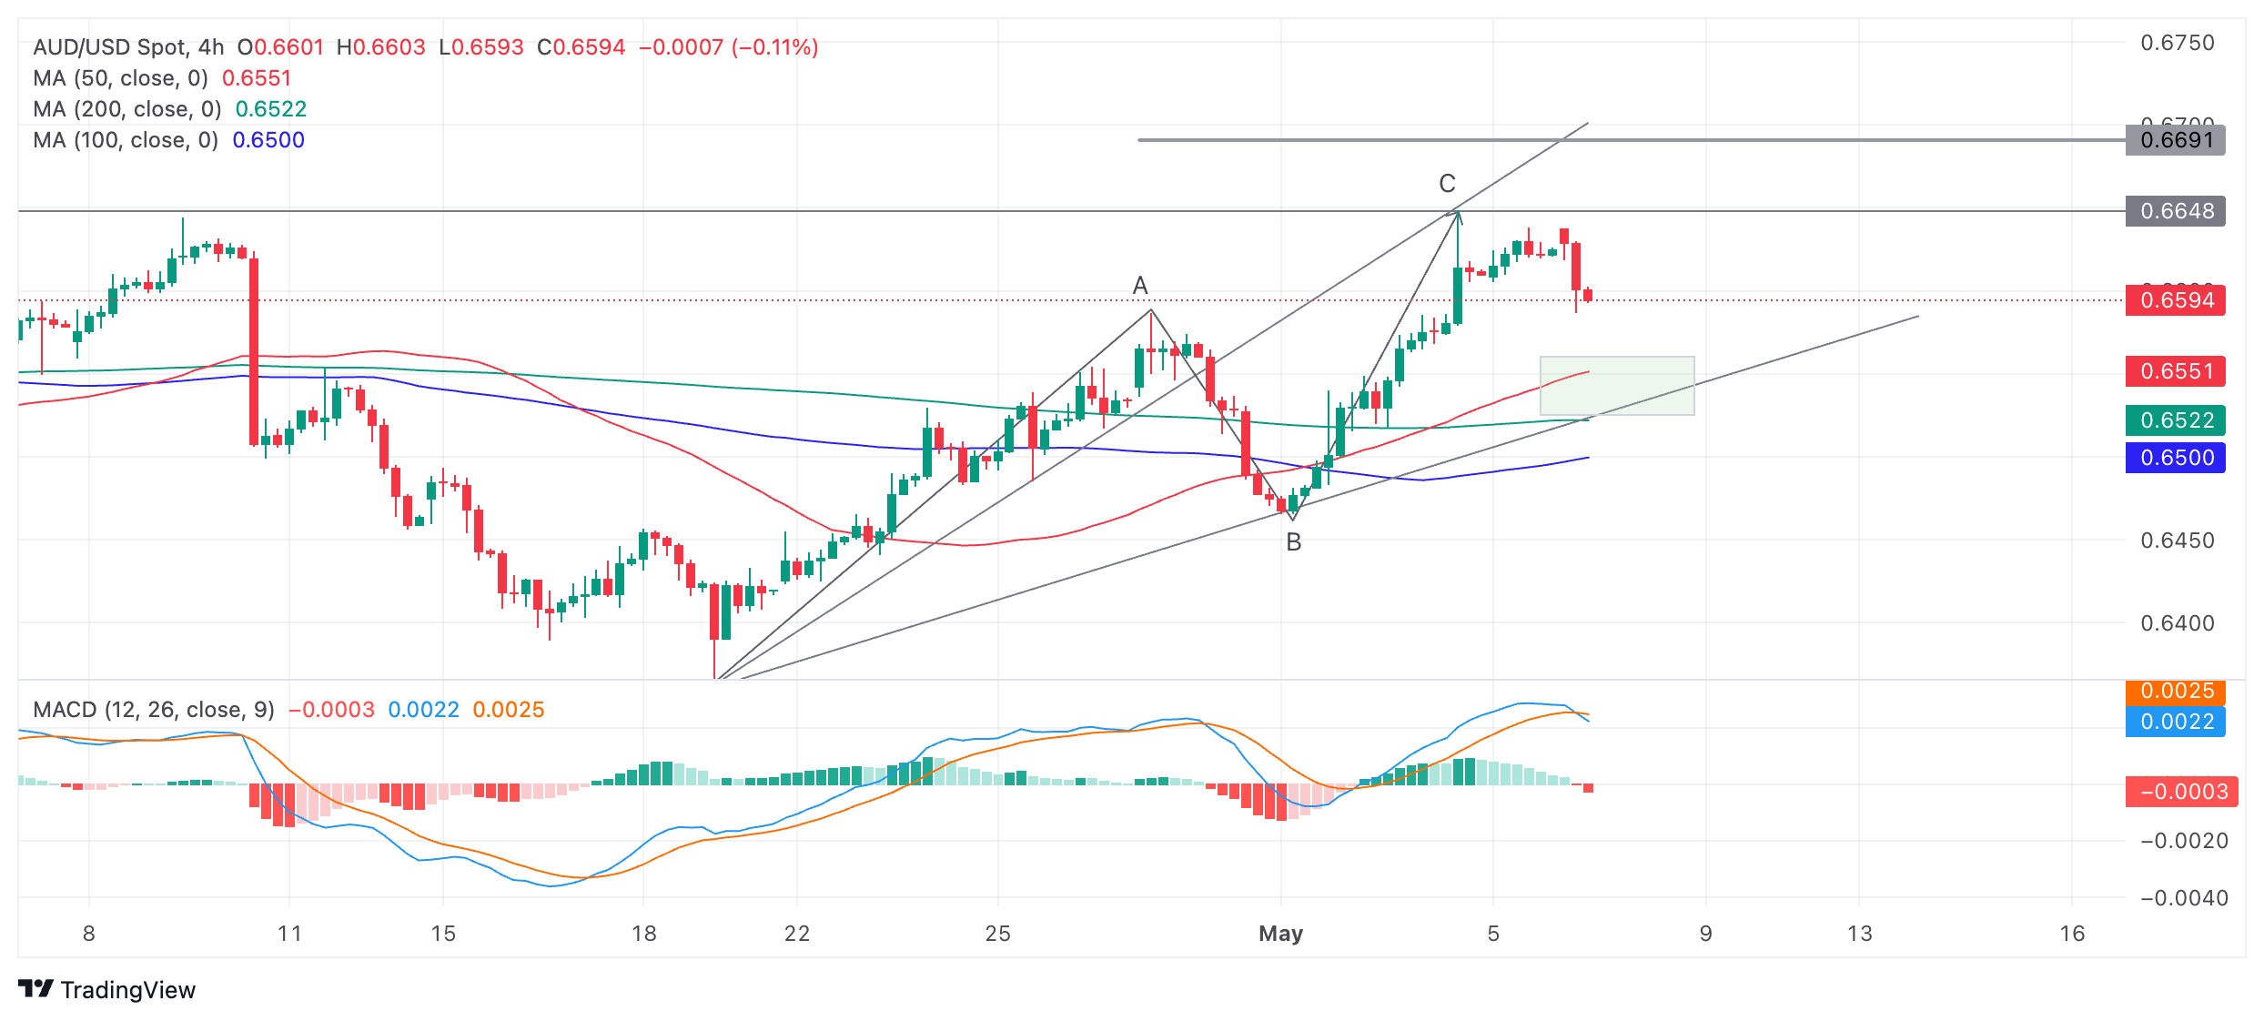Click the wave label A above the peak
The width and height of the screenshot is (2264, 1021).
click(x=1139, y=286)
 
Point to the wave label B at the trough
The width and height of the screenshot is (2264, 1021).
click(x=1293, y=542)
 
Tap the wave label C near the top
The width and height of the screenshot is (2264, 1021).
click(x=1447, y=184)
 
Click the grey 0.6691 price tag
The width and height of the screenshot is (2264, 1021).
click(x=2175, y=140)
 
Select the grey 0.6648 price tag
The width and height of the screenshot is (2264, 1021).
click(x=2175, y=211)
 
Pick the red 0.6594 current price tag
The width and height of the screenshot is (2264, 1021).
click(x=2175, y=300)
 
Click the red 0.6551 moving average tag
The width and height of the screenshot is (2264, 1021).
click(x=2175, y=371)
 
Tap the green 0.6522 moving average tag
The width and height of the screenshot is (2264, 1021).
click(x=2175, y=420)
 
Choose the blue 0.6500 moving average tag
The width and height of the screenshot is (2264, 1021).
click(x=2175, y=458)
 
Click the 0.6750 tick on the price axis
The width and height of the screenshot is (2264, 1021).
click(x=2177, y=43)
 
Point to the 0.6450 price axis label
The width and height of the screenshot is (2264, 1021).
click(x=2177, y=541)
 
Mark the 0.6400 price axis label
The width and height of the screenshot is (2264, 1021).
click(x=2177, y=623)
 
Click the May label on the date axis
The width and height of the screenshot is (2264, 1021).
click(x=1280, y=934)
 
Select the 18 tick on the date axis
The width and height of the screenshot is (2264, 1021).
click(x=643, y=934)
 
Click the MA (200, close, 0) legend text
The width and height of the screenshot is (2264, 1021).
click(x=127, y=109)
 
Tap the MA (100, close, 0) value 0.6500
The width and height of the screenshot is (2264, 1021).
click(x=268, y=140)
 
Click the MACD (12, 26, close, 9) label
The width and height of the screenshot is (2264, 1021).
click(x=154, y=710)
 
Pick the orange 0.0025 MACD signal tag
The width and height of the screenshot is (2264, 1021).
click(x=2175, y=692)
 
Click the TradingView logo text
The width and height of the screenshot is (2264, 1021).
click(x=127, y=990)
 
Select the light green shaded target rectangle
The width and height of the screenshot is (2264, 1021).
click(x=1616, y=386)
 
